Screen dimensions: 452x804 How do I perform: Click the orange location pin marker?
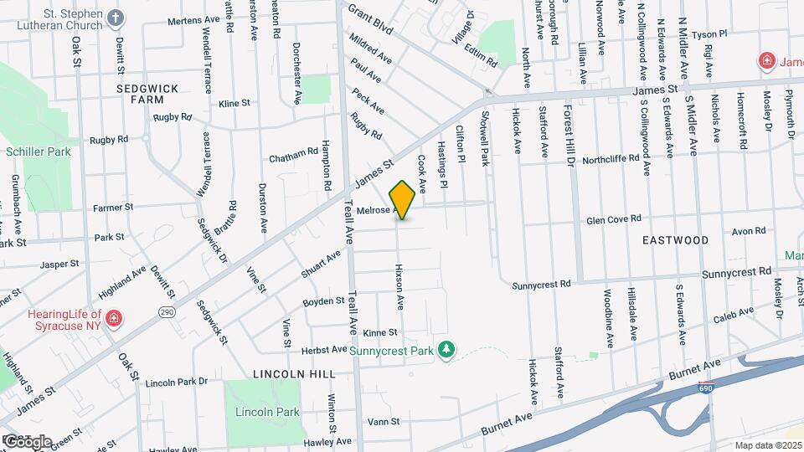click(x=402, y=200)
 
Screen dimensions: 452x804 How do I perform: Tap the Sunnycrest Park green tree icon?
click(x=447, y=348)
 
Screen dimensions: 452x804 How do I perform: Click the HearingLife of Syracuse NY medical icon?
click(x=113, y=318)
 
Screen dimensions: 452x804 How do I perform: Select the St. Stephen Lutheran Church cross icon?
click(x=114, y=18)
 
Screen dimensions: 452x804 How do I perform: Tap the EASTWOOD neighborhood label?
click(x=675, y=240)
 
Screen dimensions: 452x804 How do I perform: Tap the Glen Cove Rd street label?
click(x=613, y=218)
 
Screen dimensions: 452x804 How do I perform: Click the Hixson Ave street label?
click(x=399, y=285)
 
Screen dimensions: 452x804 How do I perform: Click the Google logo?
click(x=27, y=441)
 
